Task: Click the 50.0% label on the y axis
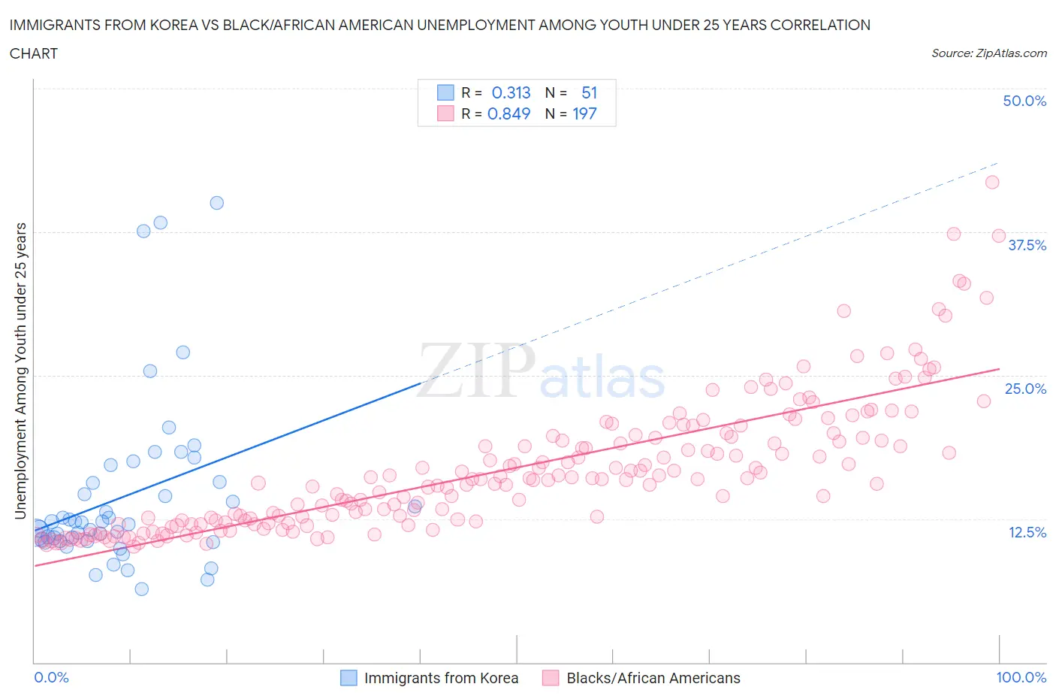coord(1024,101)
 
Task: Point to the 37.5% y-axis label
coord(1026,245)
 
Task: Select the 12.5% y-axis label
coord(1026,532)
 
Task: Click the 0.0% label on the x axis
coord(51,677)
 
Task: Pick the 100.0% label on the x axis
coord(1021,677)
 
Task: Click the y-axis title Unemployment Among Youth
coord(20,371)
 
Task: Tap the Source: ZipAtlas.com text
coord(988,53)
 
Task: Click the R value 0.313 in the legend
coord(511,92)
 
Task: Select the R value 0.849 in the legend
coord(508,113)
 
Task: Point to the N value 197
coord(584,113)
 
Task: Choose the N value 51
coord(589,92)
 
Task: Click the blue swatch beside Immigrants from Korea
coord(348,678)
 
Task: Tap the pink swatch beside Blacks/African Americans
coord(551,678)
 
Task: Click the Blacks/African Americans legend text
coord(653,678)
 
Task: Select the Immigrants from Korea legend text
coord(441,678)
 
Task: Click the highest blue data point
coord(216,203)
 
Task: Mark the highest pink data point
coord(991,182)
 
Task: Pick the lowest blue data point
coord(141,589)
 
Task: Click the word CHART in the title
coord(34,53)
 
